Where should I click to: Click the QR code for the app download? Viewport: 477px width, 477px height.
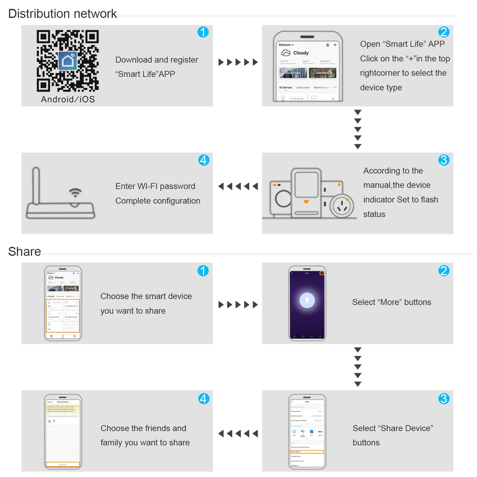[68, 61]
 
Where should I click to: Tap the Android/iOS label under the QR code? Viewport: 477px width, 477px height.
[68, 99]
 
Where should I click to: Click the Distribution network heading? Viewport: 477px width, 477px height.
[62, 14]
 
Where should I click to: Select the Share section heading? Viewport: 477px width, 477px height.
[25, 252]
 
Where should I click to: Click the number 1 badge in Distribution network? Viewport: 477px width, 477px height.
[203, 32]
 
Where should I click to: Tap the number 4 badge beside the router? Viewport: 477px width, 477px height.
[204, 160]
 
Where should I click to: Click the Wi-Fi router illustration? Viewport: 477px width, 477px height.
[60, 205]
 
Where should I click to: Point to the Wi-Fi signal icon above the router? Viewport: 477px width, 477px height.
[75, 192]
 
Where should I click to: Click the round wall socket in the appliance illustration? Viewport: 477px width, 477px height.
[341, 205]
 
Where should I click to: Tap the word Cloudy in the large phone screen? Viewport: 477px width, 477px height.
[301, 53]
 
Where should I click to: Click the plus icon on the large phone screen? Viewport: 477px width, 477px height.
[335, 45]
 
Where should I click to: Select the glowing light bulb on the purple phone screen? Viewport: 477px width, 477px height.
[307, 300]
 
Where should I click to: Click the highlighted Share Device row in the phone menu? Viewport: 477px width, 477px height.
[307, 452]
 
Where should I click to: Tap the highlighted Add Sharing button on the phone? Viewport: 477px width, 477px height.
[63, 465]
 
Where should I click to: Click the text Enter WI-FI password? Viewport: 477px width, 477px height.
[155, 186]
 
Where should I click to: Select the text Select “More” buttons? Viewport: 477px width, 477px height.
[391, 302]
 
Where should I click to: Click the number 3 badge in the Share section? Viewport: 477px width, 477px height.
[444, 399]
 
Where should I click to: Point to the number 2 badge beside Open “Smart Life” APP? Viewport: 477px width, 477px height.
[444, 32]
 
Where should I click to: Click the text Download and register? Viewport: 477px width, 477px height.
[157, 60]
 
